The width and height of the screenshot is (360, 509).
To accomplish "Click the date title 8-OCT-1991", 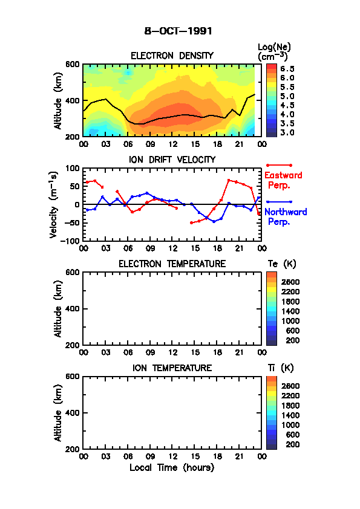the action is (x=178, y=31).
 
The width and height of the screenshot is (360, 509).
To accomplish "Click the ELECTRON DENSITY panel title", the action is (x=172, y=56).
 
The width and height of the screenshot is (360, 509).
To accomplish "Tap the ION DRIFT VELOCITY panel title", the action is (x=172, y=160).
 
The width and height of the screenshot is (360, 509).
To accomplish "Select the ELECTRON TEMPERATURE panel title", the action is (x=172, y=264).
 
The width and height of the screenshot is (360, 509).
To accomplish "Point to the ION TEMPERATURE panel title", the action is (x=172, y=368).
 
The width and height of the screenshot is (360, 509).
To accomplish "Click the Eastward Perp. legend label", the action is (x=283, y=180).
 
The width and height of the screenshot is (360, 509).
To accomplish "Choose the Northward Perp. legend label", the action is (x=286, y=216).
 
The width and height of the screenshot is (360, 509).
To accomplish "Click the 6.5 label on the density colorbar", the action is (x=287, y=69).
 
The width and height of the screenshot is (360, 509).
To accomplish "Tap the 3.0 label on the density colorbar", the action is (x=287, y=132).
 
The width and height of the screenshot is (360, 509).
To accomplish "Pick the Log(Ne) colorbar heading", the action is (x=274, y=52).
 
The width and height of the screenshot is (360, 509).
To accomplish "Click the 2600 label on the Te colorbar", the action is (x=290, y=282).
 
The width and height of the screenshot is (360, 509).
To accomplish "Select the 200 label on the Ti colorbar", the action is (x=293, y=444).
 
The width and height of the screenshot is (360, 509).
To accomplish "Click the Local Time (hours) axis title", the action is (x=172, y=467).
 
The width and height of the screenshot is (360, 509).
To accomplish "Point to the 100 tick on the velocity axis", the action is (x=73, y=168).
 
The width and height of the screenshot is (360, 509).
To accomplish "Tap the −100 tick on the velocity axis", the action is (x=70, y=241).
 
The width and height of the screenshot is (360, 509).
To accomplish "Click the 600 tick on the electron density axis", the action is (x=73, y=64).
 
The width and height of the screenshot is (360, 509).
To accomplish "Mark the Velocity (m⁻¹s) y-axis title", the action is (x=54, y=205).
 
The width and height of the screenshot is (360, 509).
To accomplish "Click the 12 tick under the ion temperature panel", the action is (x=173, y=456).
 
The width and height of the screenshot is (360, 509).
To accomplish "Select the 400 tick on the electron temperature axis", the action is (x=73, y=309).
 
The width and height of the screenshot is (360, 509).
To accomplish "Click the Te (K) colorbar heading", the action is (x=282, y=264).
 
